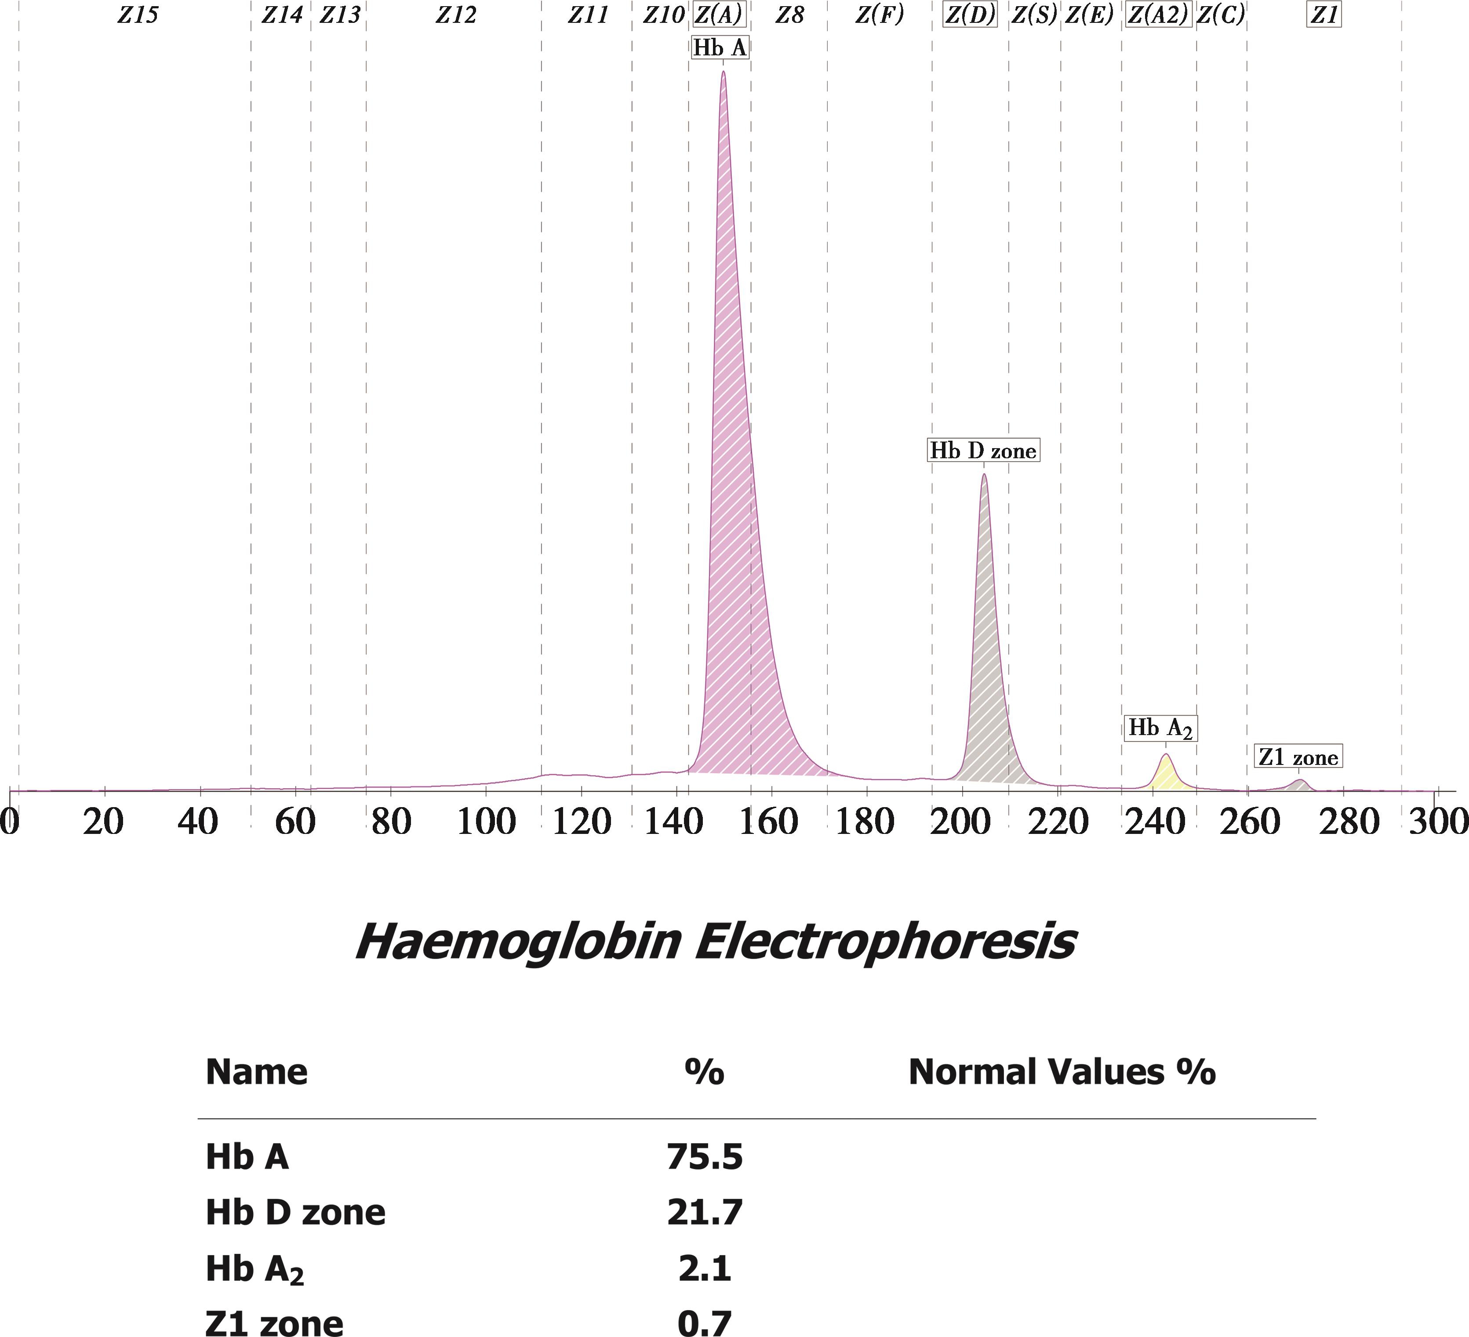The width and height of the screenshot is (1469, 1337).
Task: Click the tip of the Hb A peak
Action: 722,73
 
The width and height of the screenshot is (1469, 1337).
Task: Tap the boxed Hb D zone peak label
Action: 982,451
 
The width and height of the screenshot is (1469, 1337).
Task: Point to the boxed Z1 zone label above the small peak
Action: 1298,757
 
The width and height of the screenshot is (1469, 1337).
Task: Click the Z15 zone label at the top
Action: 137,14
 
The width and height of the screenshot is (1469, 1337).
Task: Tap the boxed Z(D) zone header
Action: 970,14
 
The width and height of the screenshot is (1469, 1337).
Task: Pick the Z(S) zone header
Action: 1034,14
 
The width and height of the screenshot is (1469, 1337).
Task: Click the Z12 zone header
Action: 456,14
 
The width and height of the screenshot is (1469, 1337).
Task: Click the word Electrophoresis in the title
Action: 884,942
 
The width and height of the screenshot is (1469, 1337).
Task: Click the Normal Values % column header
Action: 1062,1072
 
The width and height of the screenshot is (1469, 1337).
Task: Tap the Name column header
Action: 257,1072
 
